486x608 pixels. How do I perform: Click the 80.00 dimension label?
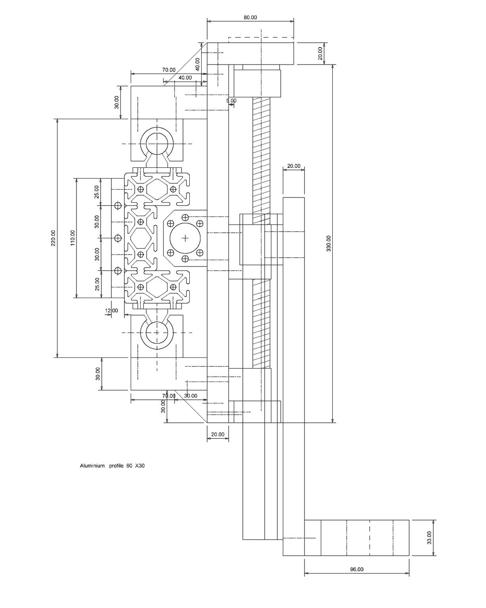point(250,17)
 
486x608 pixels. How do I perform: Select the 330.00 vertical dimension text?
point(328,244)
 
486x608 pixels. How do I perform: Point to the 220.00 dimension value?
point(53,238)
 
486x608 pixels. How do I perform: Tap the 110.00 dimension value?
point(73,238)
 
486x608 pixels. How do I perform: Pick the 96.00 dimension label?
point(356,569)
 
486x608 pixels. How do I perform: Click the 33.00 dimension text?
point(429,538)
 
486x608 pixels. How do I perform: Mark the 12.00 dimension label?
point(112,310)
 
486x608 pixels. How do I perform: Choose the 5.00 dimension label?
point(231,101)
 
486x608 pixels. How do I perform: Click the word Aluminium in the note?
point(92,465)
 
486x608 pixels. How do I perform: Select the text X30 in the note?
point(140,465)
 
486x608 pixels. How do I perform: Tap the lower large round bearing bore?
point(157,332)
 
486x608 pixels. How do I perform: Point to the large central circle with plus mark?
point(185,238)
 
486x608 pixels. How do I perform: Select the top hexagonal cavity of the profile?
point(157,189)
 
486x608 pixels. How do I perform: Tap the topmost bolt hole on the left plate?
point(118,205)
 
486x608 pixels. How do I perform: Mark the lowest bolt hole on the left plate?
point(118,271)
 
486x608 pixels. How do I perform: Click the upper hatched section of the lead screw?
point(261,154)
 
